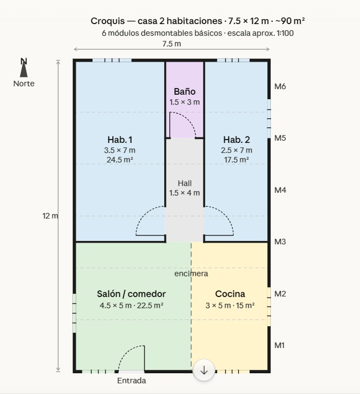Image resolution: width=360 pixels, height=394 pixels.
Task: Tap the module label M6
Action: (x=280, y=86)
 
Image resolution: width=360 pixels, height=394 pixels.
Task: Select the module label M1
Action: (x=280, y=345)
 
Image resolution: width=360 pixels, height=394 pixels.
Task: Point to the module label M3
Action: (x=280, y=242)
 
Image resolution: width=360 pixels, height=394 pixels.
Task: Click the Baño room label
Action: (x=184, y=91)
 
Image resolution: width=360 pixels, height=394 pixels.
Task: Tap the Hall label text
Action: (x=184, y=183)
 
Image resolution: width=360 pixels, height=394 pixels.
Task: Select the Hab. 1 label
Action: (x=119, y=140)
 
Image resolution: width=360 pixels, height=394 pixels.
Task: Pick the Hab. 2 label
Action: (x=236, y=140)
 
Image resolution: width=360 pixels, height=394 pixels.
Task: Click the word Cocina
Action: (x=230, y=294)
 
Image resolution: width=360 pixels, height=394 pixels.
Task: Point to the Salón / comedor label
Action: (x=131, y=294)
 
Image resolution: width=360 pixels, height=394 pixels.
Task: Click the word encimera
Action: (x=191, y=274)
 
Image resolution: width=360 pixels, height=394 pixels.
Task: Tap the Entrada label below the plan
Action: (x=131, y=381)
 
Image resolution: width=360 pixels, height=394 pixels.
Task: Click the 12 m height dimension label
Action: (x=50, y=216)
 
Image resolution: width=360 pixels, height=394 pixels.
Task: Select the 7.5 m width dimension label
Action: (x=172, y=44)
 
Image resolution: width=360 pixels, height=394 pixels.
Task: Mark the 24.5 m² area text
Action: (x=119, y=160)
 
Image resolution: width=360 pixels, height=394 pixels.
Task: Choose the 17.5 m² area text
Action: (x=236, y=160)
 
